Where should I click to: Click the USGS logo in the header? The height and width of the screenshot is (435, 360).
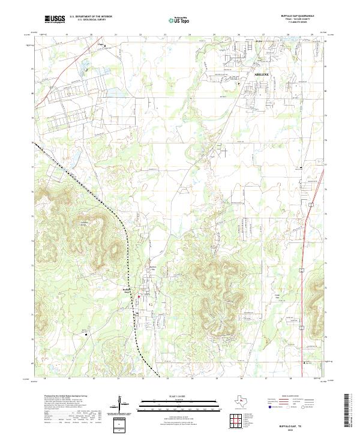[x=55, y=19]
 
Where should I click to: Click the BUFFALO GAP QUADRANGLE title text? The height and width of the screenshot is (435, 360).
[x=297, y=16]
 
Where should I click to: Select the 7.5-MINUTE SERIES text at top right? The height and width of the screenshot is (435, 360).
[x=297, y=25]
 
